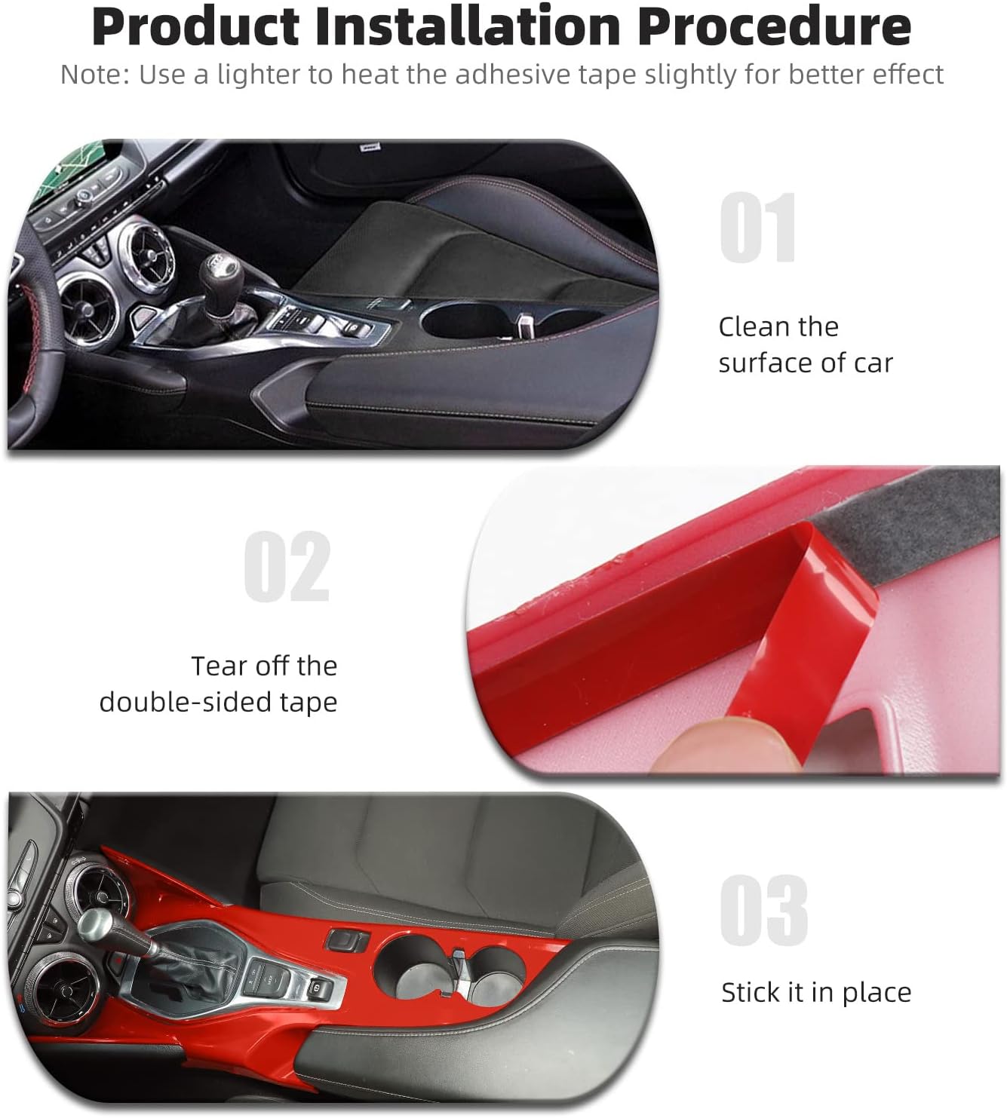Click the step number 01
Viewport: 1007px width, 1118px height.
(x=757, y=228)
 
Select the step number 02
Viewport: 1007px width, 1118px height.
(x=287, y=567)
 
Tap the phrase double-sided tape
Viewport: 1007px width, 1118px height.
(x=218, y=703)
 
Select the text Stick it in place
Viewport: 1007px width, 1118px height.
(x=815, y=992)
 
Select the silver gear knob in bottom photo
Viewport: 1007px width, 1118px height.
(x=98, y=921)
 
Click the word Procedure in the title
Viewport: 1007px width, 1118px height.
(x=775, y=26)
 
